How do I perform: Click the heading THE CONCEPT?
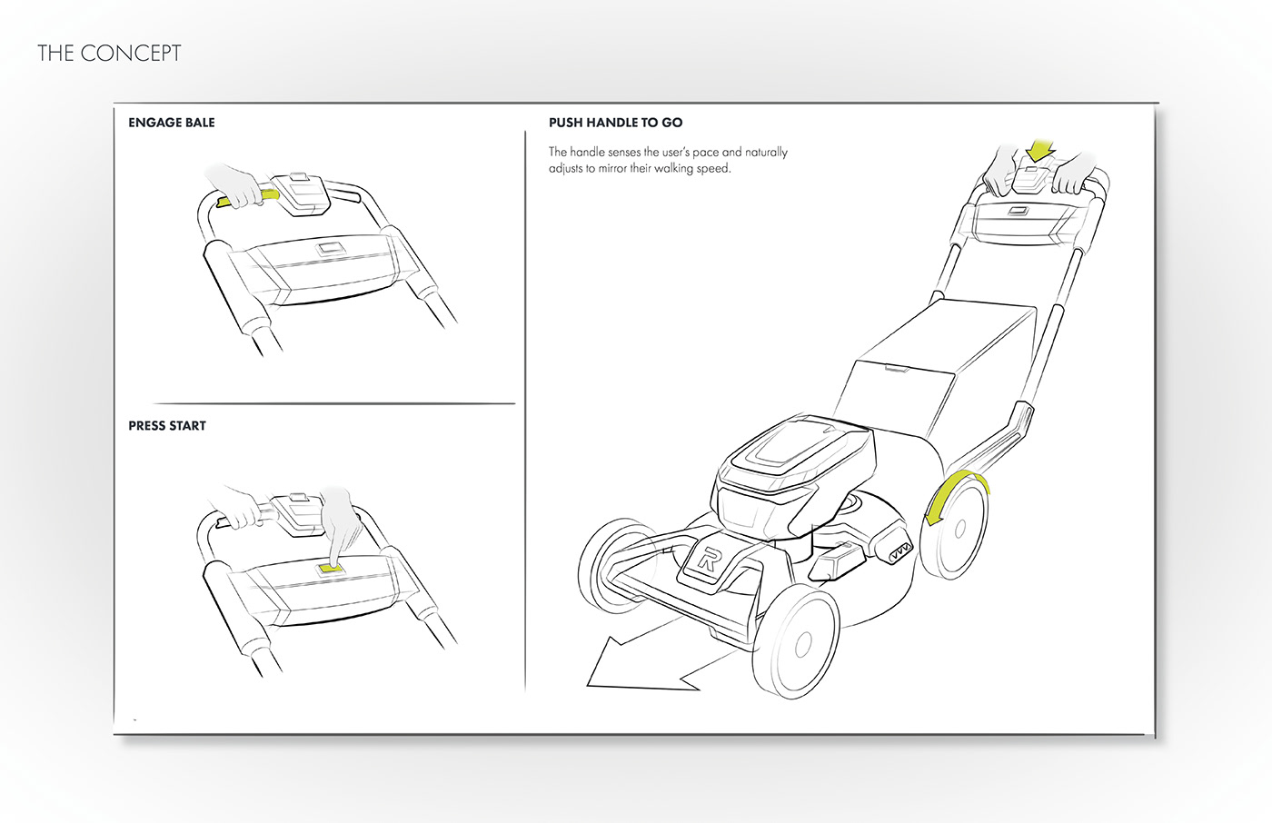(109, 54)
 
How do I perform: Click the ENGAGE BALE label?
(172, 123)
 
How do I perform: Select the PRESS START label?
(167, 426)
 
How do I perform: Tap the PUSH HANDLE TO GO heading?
(615, 123)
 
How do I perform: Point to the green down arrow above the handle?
(1038, 148)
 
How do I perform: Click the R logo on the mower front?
(709, 560)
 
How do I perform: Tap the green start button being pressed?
(327, 569)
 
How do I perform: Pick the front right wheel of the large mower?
(797, 641)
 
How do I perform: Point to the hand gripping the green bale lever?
(236, 186)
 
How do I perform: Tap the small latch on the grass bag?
(896, 368)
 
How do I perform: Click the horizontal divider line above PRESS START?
(334, 403)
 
